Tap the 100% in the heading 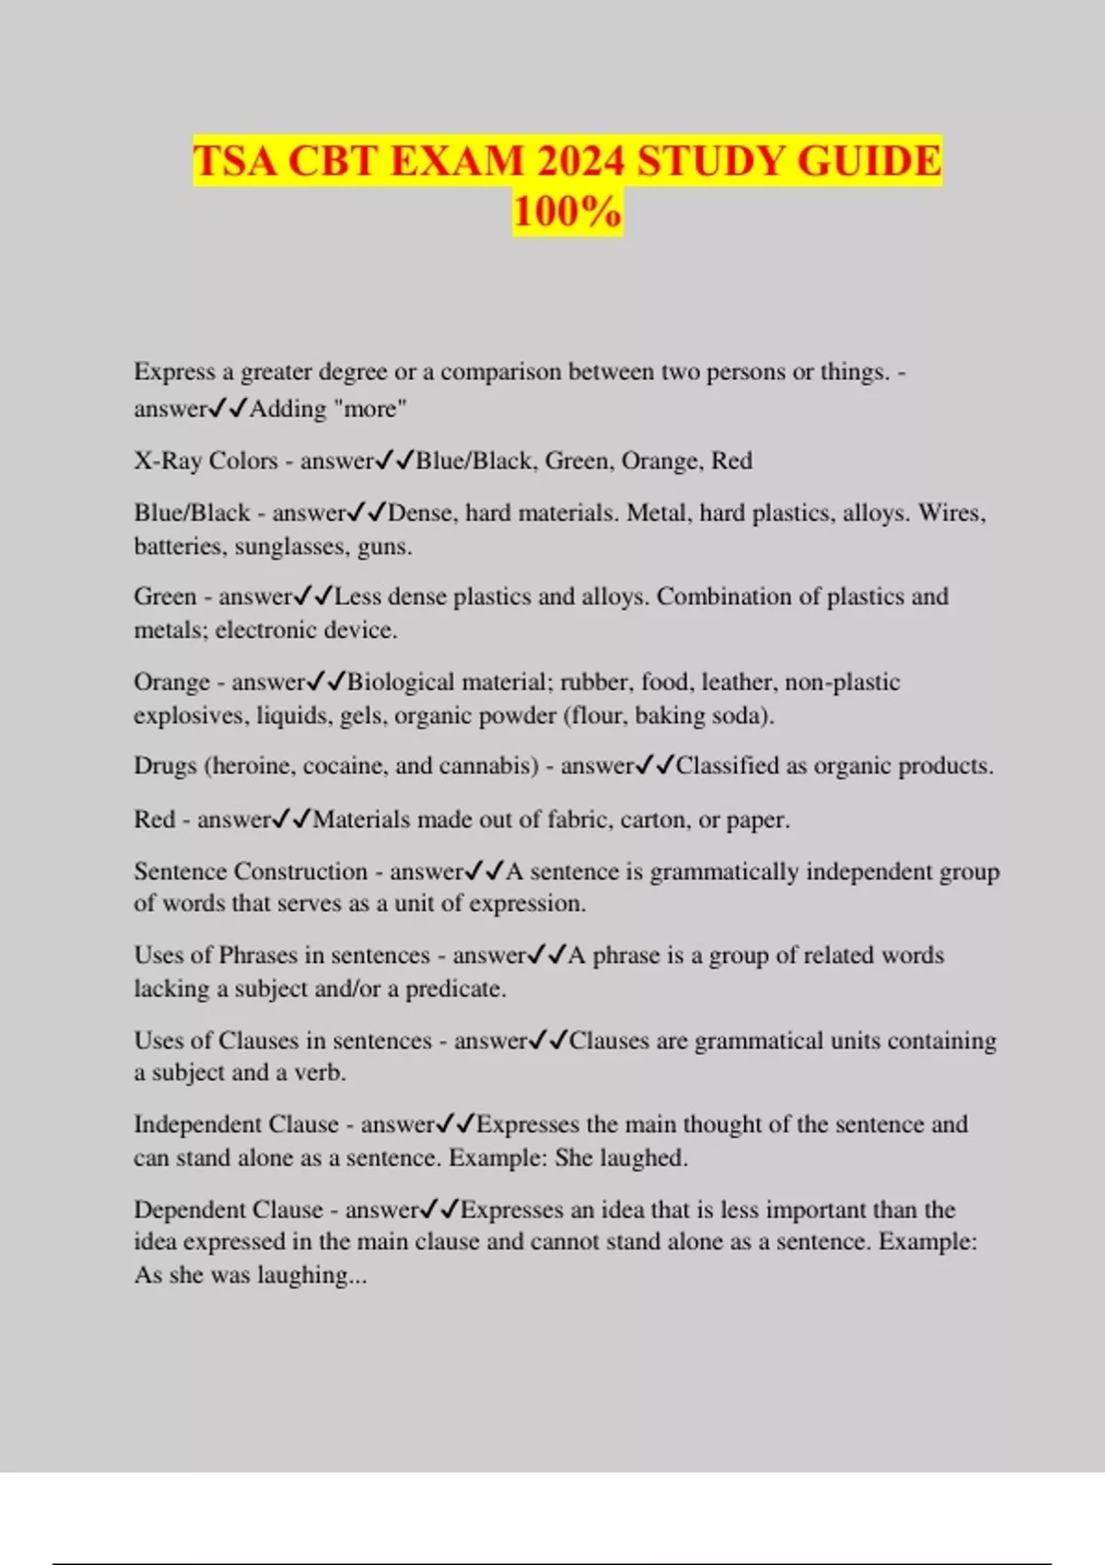pos(567,212)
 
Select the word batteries pos(178,547)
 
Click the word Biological pos(401,682)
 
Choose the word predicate pos(456,990)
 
